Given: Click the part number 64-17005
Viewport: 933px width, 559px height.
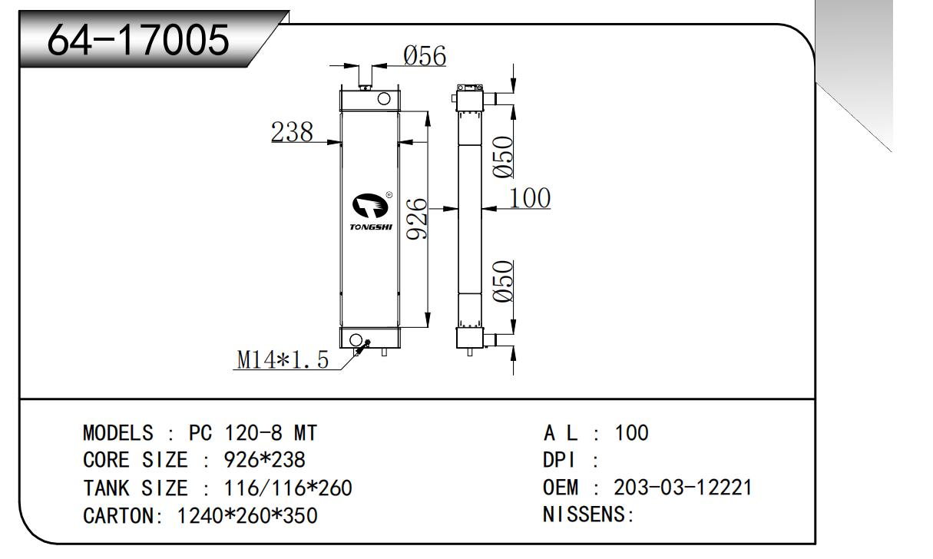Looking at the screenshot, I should (x=138, y=40).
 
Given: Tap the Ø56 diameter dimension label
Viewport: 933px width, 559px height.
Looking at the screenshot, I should (x=425, y=55).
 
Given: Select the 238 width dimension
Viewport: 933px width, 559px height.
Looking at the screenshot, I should (x=292, y=133).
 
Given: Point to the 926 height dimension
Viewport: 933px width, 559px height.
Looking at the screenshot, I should (x=417, y=218).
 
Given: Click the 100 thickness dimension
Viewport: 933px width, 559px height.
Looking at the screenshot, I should (x=531, y=198).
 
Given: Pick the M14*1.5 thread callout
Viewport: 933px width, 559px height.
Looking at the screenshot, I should (x=283, y=359).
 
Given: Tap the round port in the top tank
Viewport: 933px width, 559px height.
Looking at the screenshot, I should (x=383, y=98).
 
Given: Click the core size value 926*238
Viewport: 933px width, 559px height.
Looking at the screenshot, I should (x=264, y=460).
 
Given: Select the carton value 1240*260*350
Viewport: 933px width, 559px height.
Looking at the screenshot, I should (x=247, y=515).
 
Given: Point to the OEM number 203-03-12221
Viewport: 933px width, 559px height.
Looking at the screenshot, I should (x=683, y=488).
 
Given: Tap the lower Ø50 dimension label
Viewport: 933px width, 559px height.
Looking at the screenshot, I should (x=503, y=282).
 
